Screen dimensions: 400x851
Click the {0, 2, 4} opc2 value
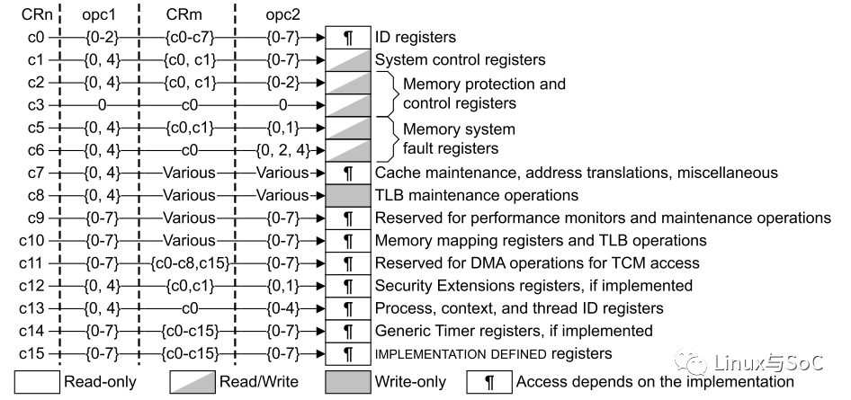coord(283,150)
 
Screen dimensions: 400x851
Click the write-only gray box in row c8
coord(347,195)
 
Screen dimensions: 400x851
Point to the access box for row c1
coord(347,60)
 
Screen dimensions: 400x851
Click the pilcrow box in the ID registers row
coord(347,38)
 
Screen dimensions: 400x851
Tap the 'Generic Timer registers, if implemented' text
coord(513,331)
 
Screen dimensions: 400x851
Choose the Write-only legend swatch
coord(346,381)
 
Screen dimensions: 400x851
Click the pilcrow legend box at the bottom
coord(488,381)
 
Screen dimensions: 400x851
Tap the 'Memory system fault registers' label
coord(459,138)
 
